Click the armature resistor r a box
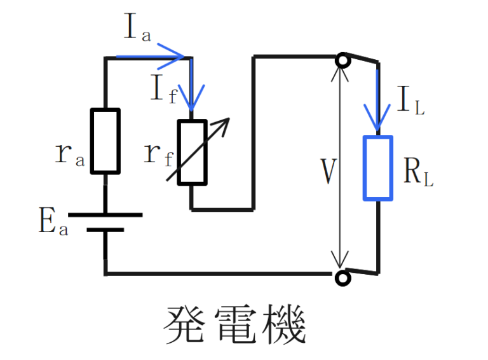pos(105,141)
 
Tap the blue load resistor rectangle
pos(378,168)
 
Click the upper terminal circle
pos(343,60)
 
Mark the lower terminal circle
pos(343,278)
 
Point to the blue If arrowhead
pos(191,99)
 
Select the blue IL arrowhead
pos(378,118)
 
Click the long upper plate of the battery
pos(105,215)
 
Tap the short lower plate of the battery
pos(105,230)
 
